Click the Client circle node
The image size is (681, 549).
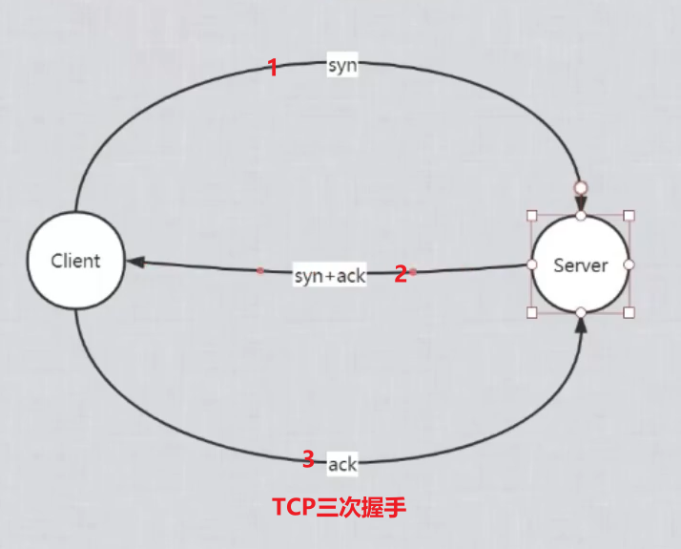click(x=75, y=261)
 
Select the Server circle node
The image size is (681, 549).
click(x=581, y=264)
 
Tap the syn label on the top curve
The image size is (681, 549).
click(x=341, y=66)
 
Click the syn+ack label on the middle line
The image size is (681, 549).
click(x=329, y=276)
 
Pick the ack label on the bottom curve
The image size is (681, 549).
click(x=341, y=464)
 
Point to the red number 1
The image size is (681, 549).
click(x=272, y=68)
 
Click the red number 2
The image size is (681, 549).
click(x=401, y=274)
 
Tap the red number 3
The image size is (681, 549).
click(x=307, y=459)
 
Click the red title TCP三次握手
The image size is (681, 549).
click(x=339, y=507)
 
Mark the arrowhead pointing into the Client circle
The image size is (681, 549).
click(x=134, y=262)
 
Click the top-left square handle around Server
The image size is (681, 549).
click(x=533, y=216)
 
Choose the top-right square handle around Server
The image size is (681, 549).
click(x=629, y=216)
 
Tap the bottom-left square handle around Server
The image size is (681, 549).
click(x=533, y=312)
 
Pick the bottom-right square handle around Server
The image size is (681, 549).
click(x=629, y=312)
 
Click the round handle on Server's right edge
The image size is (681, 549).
click(x=629, y=264)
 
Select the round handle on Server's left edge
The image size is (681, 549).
click(x=533, y=264)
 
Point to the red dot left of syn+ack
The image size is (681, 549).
click(x=260, y=270)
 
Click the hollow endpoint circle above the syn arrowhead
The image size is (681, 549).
click(x=580, y=187)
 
